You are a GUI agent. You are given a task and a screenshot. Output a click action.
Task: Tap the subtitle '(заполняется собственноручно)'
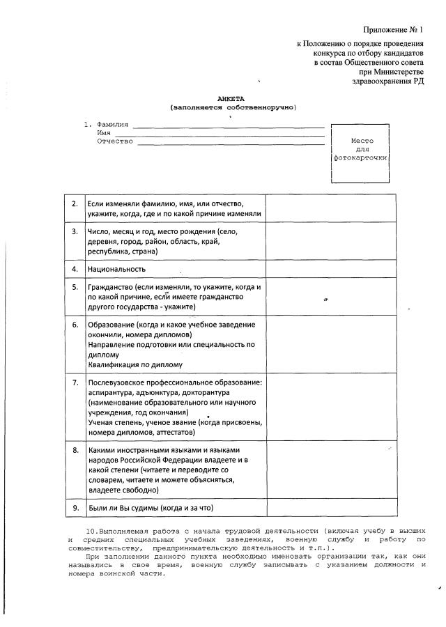[233, 108]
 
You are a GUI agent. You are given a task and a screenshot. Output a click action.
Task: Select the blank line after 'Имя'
[220, 134]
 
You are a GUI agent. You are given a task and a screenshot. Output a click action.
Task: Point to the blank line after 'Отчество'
[231, 142]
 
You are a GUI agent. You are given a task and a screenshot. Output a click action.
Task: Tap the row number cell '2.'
[74, 203]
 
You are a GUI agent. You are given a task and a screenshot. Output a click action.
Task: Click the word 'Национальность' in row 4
[116, 268]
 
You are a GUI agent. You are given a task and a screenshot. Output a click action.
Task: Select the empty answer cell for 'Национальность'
[331, 268]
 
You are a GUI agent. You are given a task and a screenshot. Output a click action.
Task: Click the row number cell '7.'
[74, 382]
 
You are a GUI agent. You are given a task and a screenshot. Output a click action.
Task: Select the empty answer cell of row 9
[331, 508]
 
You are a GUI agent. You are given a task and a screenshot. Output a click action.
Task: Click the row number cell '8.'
[74, 451]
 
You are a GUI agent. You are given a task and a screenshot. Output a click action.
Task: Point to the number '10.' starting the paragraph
[91, 531]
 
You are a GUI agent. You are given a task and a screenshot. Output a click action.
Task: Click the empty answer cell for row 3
[331, 241]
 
